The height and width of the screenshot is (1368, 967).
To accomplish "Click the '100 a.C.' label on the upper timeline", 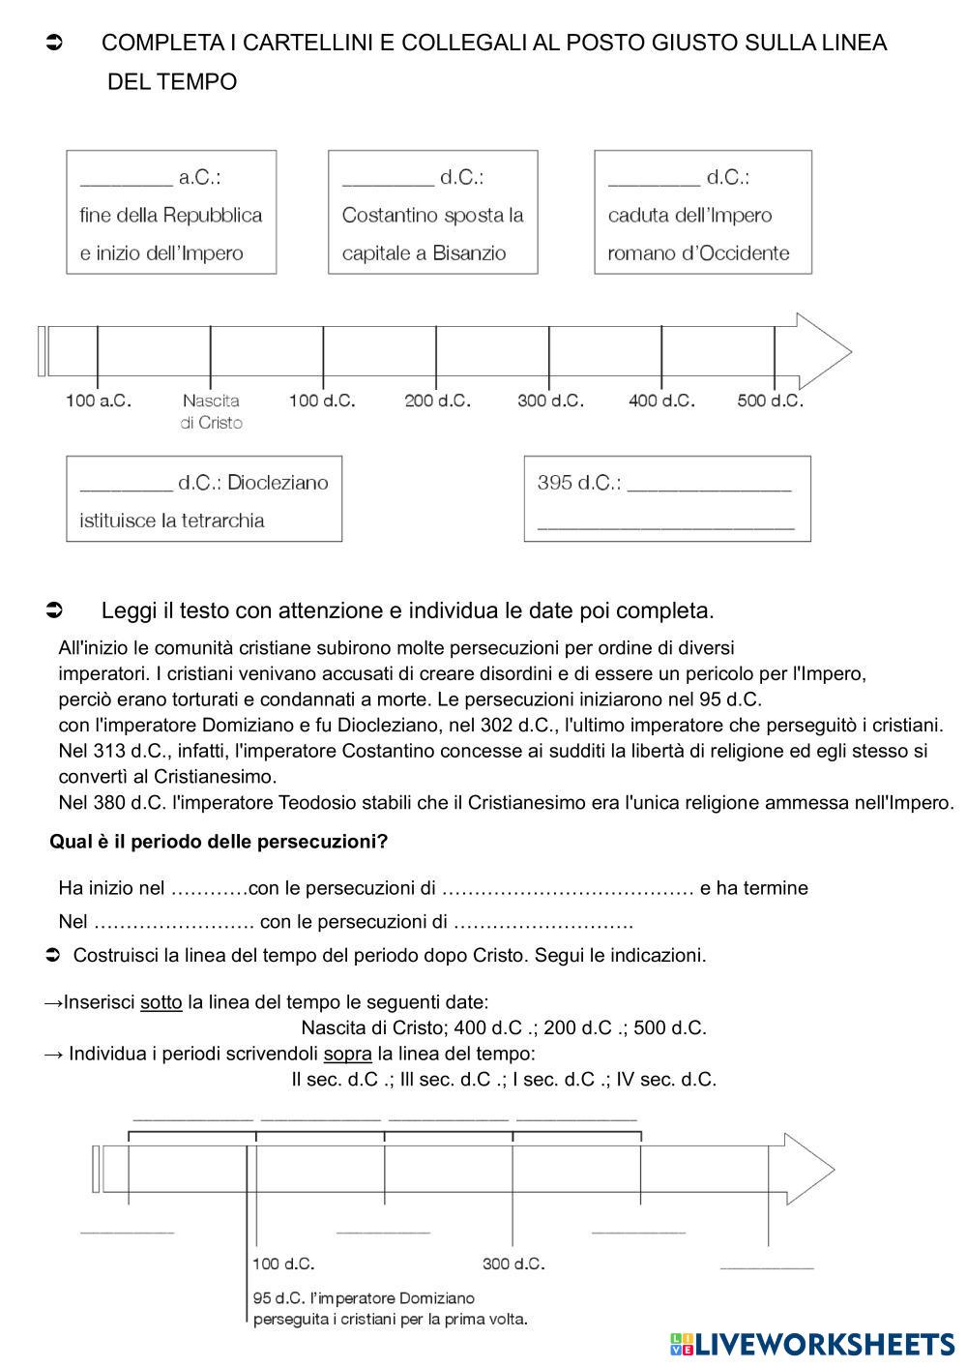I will [x=98, y=401].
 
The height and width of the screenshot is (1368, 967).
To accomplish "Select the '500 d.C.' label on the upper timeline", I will [x=770, y=401].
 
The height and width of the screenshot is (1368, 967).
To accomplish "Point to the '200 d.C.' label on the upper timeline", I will [x=437, y=401].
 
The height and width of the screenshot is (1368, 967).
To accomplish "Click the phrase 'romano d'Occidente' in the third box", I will [x=698, y=253].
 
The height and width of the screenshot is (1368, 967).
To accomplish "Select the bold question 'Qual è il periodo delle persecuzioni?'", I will [x=219, y=842].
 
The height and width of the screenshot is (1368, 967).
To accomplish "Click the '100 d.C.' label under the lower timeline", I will [x=283, y=1264].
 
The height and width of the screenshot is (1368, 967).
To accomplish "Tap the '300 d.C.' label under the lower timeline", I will [x=513, y=1264].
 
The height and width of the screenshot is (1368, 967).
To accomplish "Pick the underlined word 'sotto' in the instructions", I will [x=161, y=1002].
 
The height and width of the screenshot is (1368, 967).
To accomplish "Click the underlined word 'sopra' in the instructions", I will [x=348, y=1053].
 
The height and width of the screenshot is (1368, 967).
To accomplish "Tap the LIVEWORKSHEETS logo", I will [x=812, y=1343].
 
